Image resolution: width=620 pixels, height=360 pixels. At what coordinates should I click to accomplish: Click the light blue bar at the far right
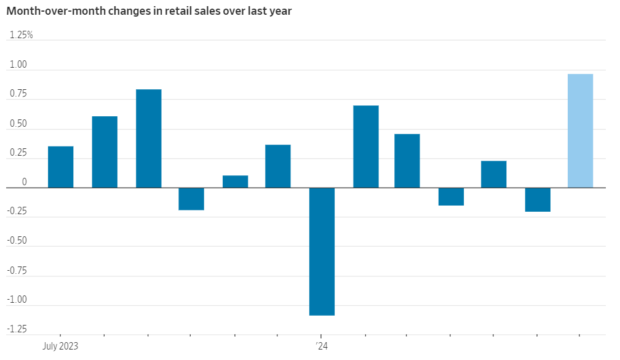pos(580,130)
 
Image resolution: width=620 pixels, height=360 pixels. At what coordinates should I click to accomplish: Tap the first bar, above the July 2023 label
pos(60,167)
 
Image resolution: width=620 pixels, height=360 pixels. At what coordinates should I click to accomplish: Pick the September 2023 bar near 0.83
pos(148,138)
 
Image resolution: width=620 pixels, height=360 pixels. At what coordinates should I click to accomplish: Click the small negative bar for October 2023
pos(191,199)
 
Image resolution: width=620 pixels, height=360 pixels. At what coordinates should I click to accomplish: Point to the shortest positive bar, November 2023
pos(235,182)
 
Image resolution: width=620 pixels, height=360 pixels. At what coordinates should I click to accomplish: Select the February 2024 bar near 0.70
pos(365,146)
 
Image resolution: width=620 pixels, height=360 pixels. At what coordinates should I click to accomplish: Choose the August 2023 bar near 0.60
pos(105,152)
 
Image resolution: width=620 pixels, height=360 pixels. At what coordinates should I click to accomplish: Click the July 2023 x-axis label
pos(60,346)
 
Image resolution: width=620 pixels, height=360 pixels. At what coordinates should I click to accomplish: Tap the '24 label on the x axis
pos(322,346)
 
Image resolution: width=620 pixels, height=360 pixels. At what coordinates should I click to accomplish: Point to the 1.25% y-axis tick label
pos(22,35)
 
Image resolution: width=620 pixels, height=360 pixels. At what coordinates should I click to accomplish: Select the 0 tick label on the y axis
pos(25,182)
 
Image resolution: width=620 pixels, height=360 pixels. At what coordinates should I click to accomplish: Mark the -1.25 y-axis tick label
pos(17,329)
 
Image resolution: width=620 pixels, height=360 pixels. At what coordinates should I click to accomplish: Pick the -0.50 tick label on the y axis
pos(17,241)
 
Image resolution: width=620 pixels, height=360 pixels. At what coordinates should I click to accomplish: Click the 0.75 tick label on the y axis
pos(18,94)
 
